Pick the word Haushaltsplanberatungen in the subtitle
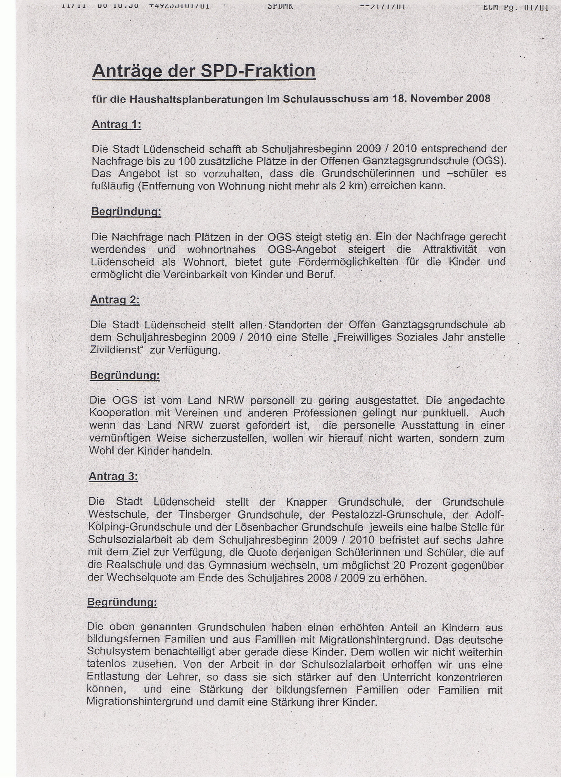[198, 99]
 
